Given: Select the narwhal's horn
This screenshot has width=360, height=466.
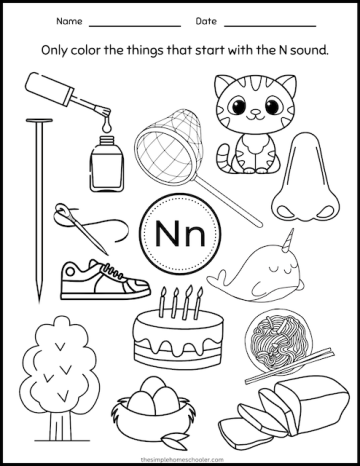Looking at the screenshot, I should (289, 240).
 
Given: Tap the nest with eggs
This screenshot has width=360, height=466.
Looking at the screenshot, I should (159, 415).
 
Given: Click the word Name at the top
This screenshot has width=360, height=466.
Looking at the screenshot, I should (69, 21).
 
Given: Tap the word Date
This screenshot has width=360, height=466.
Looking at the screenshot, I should (207, 21).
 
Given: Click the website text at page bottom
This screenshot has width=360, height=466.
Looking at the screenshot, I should (180, 456).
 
